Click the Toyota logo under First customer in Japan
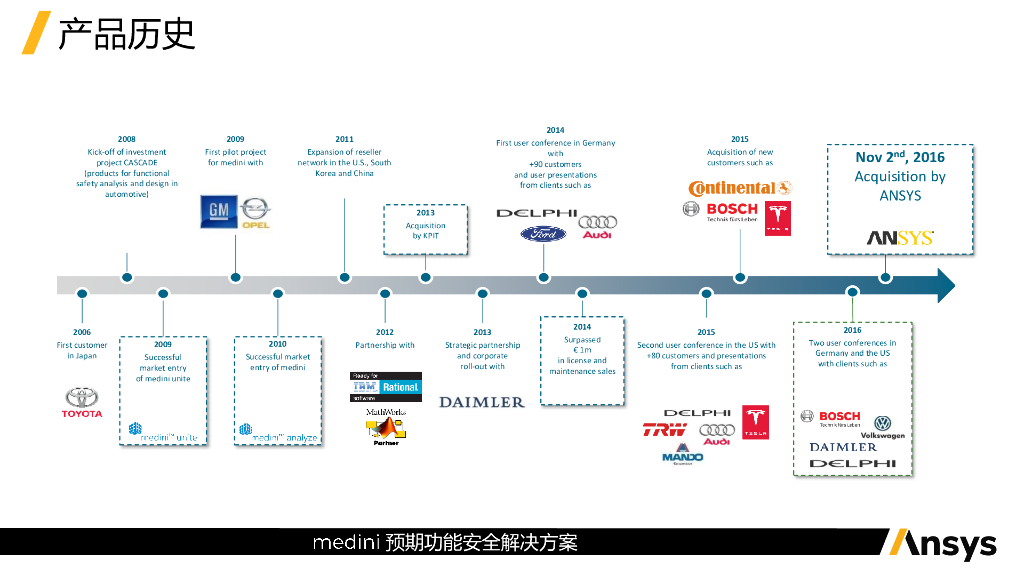[x=82, y=402]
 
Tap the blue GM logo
[x=218, y=210]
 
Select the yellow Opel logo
[x=255, y=212]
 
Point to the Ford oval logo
[x=543, y=233]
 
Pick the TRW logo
[x=664, y=430]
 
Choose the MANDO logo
[x=683, y=457]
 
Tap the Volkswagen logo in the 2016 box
[x=882, y=426]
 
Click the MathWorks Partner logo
[x=385, y=426]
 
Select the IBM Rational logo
[x=385, y=386]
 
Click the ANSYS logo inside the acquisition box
[x=899, y=238]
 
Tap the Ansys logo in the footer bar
[x=940, y=543]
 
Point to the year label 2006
[x=81, y=332]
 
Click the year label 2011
[x=344, y=140]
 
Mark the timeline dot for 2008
[x=127, y=277]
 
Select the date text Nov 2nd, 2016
[x=899, y=157]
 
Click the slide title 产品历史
[x=126, y=34]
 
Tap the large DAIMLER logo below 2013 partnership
[x=481, y=402]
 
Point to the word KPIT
[x=431, y=236]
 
